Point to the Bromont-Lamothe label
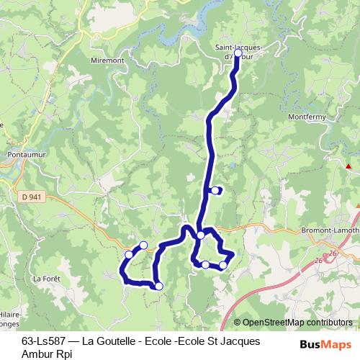click(332, 230)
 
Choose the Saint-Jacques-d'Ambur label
click(238, 51)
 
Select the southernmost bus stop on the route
click(159, 287)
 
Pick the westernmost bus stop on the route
click(130, 254)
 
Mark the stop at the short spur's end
click(215, 191)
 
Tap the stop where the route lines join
click(201, 235)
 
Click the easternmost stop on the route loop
click(223, 266)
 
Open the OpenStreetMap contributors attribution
click(297, 323)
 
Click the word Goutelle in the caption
click(109, 340)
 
